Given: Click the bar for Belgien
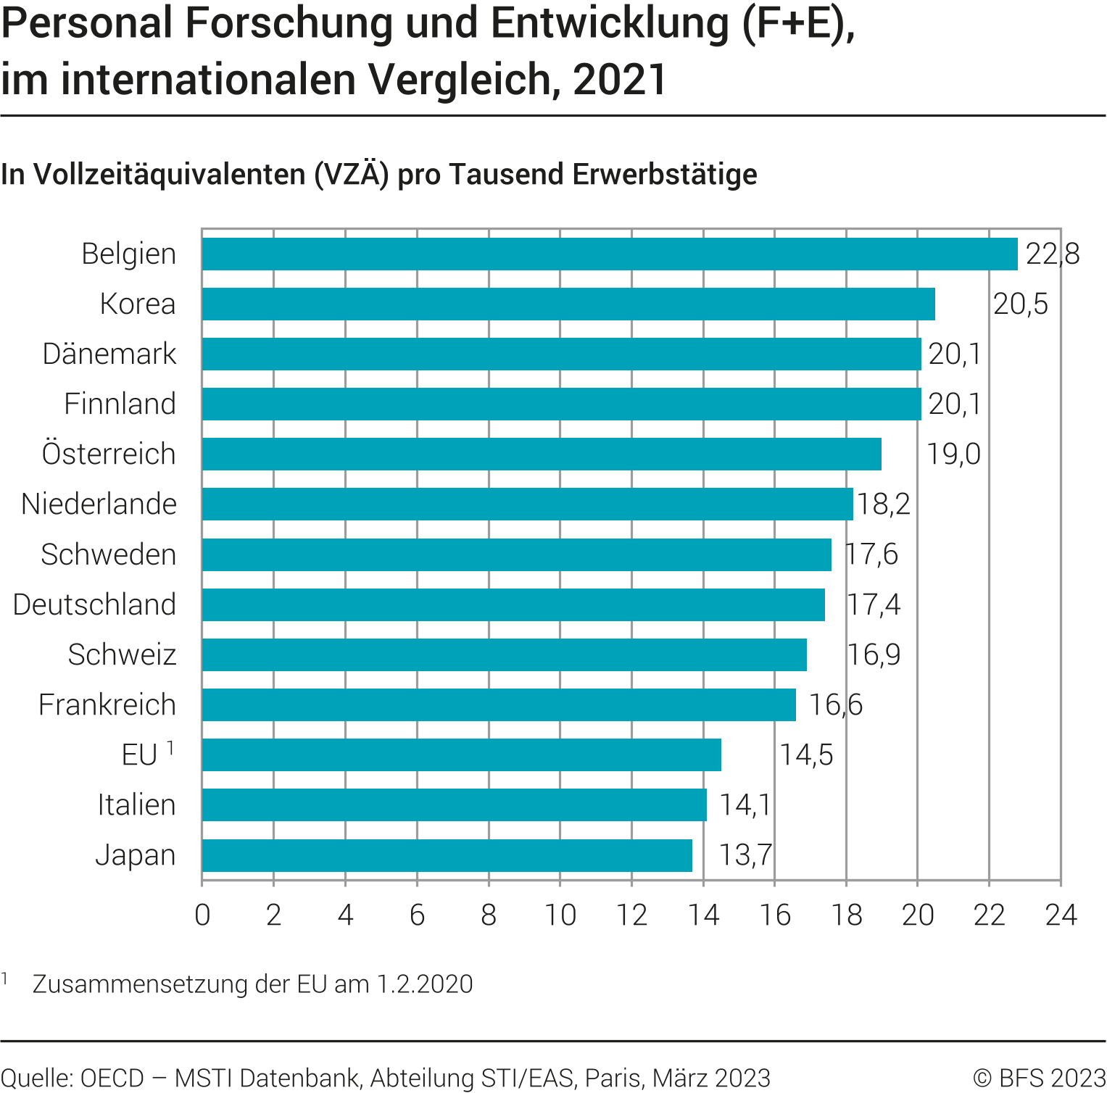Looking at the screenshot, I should (609, 254).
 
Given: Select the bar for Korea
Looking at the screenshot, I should (568, 304).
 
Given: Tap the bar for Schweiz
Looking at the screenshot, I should (504, 654).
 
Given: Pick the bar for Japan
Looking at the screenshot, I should (447, 855).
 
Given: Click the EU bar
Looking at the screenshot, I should (461, 755).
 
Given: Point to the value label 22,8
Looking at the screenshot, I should (1053, 254).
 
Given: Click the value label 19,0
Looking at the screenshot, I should (954, 454).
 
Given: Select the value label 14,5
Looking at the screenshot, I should (806, 755).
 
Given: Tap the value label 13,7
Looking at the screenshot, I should (745, 855).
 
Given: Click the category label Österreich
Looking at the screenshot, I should (109, 454).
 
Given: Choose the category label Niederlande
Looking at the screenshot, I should (99, 504).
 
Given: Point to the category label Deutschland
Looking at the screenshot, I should (95, 604).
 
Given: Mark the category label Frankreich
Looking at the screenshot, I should (107, 705).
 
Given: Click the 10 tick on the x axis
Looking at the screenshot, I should (560, 915).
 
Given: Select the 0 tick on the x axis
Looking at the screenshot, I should (202, 915).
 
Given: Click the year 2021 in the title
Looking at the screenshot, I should (620, 80).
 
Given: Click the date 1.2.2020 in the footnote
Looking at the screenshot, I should (425, 984).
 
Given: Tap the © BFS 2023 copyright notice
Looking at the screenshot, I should (1039, 1078).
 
